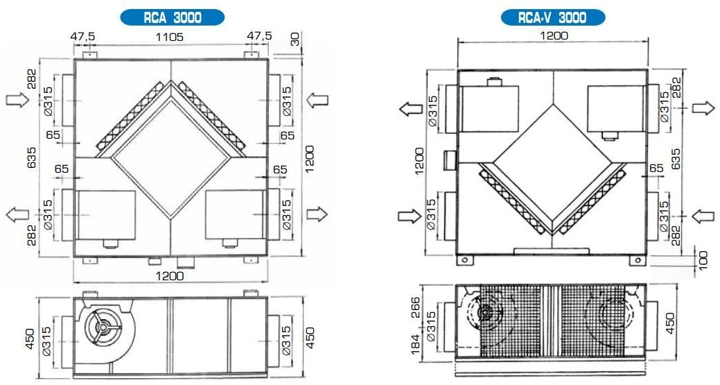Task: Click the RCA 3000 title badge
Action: (x=173, y=18)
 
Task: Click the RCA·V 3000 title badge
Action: (x=553, y=18)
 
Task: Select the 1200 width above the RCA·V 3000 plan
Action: (x=553, y=35)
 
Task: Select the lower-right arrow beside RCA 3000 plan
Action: (x=317, y=213)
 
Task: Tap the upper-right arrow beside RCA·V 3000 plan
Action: (x=702, y=108)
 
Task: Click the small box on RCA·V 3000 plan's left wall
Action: (x=448, y=159)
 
